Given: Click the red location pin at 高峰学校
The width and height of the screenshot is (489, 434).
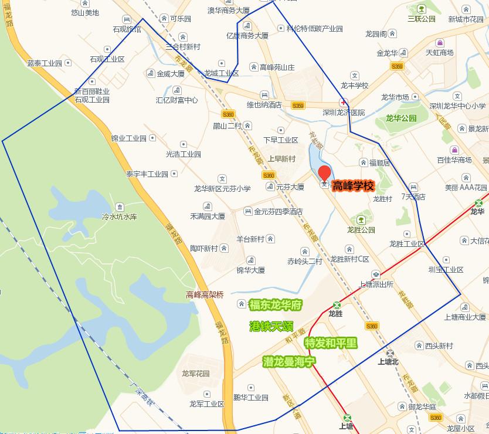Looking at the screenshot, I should [324, 174].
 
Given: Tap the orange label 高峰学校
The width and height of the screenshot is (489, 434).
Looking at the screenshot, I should [353, 187].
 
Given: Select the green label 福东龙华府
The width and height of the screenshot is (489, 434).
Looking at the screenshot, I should [275, 305].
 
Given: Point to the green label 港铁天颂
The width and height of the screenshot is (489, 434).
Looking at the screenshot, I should [271, 326].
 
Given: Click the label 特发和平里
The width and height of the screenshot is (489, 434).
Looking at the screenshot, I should [331, 343].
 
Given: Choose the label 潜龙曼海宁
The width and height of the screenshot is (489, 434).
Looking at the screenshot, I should [290, 361].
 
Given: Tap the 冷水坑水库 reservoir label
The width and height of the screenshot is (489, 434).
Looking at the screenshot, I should [119, 216].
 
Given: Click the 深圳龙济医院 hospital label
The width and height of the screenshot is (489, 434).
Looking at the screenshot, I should [344, 112].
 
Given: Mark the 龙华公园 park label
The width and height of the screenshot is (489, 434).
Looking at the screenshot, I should [401, 118].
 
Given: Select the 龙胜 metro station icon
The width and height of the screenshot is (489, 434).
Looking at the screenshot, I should [337, 305].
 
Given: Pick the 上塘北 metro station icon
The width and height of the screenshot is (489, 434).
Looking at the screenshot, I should [390, 352].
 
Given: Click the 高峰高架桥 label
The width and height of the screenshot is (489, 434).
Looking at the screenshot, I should [205, 295].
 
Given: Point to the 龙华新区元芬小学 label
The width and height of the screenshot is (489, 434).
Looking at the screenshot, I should [222, 189].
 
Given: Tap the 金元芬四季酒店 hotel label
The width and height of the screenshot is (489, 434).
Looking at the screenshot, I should [278, 211].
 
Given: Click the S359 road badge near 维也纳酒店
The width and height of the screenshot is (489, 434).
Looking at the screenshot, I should [297, 106].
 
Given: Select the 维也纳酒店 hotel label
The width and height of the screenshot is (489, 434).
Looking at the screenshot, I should [264, 105].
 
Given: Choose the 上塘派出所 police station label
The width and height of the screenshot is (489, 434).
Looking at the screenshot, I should [375, 284].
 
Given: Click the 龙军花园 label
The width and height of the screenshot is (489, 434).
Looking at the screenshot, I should [196, 374].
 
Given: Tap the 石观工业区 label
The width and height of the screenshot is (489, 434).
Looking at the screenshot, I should [107, 59].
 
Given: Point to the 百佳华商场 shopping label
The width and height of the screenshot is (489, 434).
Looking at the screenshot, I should [454, 160].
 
